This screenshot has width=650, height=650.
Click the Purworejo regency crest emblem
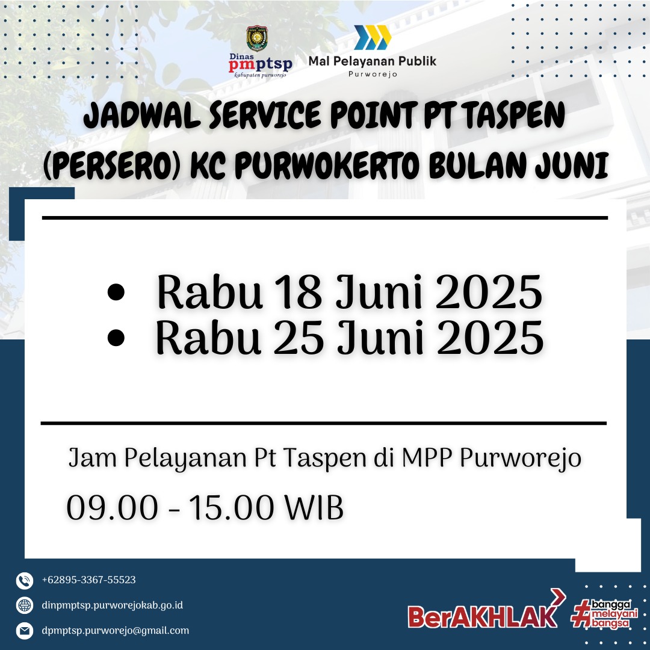[257, 39]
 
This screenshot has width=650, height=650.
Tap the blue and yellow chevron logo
[373, 37]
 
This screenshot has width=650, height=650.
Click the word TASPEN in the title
[515, 114]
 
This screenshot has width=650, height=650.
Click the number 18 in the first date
[298, 292]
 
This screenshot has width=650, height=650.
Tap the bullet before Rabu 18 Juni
[116, 292]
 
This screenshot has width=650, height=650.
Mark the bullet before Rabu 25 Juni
[116, 338]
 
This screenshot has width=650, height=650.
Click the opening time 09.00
[113, 507]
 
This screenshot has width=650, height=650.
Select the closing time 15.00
[232, 507]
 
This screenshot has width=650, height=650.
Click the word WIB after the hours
[314, 507]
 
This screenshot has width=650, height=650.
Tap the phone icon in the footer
[25, 581]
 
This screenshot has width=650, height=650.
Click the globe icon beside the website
[25, 605]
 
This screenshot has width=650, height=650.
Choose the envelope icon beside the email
[25, 631]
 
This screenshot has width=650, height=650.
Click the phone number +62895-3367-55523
[88, 580]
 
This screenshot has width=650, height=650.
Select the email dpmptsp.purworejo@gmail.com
[115, 631]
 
